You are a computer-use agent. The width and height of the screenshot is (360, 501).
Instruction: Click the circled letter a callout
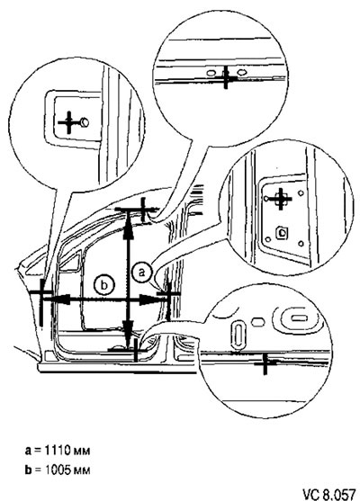point(141,273)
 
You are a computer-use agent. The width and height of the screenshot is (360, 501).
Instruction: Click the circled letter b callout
point(103,284)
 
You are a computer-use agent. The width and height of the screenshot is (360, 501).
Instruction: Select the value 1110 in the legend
point(57,451)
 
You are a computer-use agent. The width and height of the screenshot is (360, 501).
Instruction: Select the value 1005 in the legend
point(58,470)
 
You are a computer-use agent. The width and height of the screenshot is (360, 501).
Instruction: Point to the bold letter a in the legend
point(28,452)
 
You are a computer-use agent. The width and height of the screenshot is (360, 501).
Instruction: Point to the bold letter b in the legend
point(29,470)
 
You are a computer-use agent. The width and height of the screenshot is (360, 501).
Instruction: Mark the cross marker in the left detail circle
point(69,122)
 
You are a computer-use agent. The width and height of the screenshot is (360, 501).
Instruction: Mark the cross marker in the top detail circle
point(226,76)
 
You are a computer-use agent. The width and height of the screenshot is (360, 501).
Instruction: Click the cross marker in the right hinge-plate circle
point(281,199)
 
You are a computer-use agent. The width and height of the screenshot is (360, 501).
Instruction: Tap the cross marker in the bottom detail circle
point(265,362)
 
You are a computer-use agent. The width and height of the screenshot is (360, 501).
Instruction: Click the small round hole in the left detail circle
point(85,122)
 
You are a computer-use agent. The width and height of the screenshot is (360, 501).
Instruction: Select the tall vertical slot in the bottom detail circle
point(238,335)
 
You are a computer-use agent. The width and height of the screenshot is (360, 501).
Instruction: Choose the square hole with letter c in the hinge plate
point(282,232)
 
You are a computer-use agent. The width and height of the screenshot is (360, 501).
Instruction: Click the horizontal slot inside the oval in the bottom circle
point(300,318)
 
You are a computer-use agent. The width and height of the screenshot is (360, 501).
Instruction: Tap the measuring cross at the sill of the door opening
point(136,350)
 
